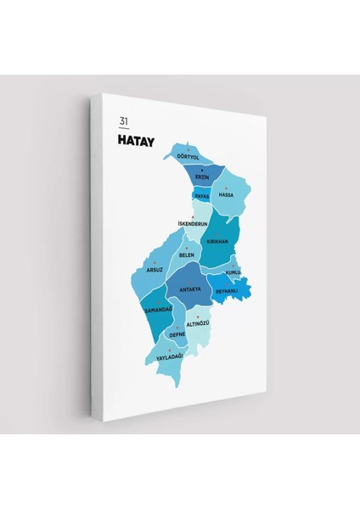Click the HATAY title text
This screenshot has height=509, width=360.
point(137,142)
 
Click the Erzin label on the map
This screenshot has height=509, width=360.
point(202,177)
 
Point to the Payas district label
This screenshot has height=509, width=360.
point(202,194)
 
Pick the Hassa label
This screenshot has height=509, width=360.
point(226,195)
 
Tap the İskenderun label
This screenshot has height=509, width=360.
point(193,224)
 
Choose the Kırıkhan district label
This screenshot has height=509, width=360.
point(217,242)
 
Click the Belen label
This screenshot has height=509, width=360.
point(187,255)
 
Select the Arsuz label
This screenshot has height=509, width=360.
point(154,270)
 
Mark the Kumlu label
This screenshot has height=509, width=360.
point(233,272)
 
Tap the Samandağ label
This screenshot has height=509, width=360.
point(158,310)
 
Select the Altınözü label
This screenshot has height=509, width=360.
point(197,323)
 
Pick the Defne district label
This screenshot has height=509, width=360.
point(177,334)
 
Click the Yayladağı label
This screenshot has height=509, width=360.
point(170,356)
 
